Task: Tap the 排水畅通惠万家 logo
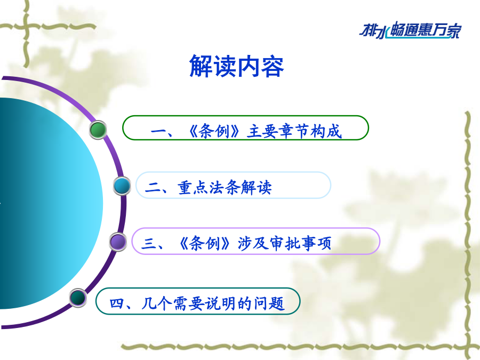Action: (x=410, y=30)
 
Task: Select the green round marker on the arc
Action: (x=98, y=130)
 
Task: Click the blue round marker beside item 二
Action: (x=122, y=186)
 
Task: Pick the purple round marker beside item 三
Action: (x=118, y=242)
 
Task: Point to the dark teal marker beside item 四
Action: (x=78, y=298)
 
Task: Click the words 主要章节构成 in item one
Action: (x=294, y=132)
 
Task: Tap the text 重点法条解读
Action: (x=225, y=187)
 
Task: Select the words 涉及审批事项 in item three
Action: (x=284, y=243)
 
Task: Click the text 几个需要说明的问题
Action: (x=213, y=303)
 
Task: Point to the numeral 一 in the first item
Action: (x=158, y=132)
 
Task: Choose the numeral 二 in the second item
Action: (x=153, y=187)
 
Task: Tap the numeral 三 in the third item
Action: (x=149, y=244)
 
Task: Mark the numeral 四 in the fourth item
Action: (x=117, y=304)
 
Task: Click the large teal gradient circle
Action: (x=46, y=203)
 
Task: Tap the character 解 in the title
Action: (x=201, y=66)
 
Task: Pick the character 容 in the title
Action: (x=273, y=66)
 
